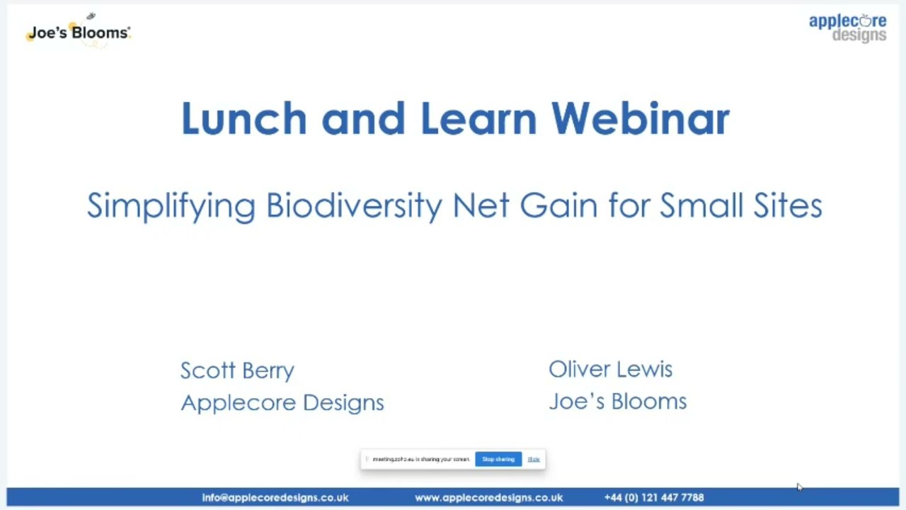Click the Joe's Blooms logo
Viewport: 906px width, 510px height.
pyautogui.click(x=79, y=32)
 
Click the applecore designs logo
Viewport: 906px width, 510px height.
pyautogui.click(x=847, y=28)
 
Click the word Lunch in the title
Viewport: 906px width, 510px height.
pyautogui.click(x=243, y=118)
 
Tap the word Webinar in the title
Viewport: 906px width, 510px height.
pyautogui.click(x=640, y=118)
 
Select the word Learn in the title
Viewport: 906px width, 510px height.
pyautogui.click(x=478, y=118)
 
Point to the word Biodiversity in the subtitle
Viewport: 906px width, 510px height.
pyautogui.click(x=354, y=206)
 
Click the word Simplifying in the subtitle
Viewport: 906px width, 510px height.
pyautogui.click(x=171, y=206)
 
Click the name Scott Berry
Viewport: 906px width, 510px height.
pyautogui.click(x=237, y=370)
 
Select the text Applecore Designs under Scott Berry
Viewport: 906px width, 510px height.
pyautogui.click(x=282, y=402)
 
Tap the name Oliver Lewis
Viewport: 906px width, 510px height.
pyautogui.click(x=610, y=369)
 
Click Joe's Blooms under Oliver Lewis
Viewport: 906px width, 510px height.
pyautogui.click(x=617, y=402)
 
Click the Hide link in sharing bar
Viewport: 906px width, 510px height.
pyautogui.click(x=534, y=460)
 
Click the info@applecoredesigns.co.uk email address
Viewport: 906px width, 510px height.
pyautogui.click(x=275, y=498)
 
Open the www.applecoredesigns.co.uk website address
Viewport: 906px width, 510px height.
pyautogui.click(x=488, y=498)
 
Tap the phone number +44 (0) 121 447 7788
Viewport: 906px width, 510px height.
pyautogui.click(x=654, y=498)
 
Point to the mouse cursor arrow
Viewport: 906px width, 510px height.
pyautogui.click(x=799, y=487)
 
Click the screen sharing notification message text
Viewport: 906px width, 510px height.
pyautogui.click(x=420, y=460)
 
